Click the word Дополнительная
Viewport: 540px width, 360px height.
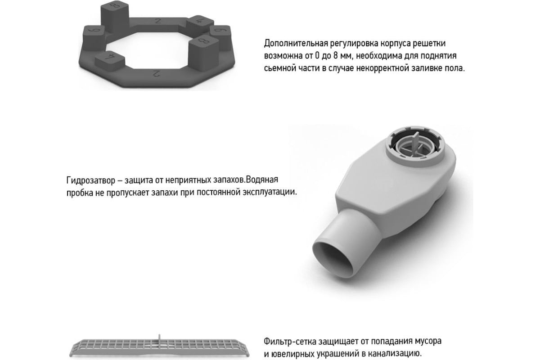296,43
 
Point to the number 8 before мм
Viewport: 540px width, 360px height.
336,56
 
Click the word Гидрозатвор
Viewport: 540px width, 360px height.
91,180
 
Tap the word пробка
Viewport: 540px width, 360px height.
80,193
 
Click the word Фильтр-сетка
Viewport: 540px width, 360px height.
290,342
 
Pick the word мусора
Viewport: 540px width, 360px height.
428,342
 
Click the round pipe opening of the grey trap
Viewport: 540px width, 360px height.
336,261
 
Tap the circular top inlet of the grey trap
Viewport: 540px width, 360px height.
414,146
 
